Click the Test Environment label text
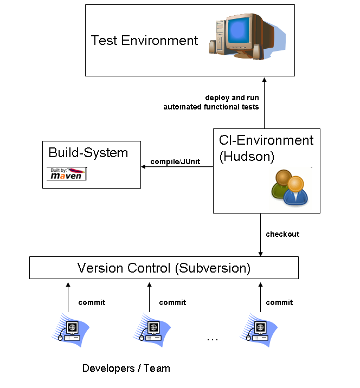[144, 41]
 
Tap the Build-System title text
[88, 153]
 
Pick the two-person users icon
[289, 187]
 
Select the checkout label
[282, 234]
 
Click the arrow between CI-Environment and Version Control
[261, 235]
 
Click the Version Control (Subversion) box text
[164, 268]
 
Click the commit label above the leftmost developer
[92, 302]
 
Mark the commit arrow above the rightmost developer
[261, 296]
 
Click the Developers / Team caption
[126, 368]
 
